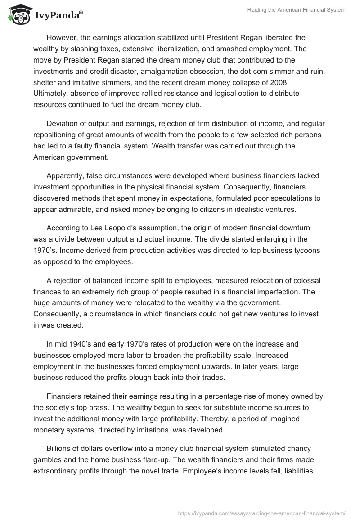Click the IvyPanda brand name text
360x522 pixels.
point(58,14)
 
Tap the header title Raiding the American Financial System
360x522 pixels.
point(297,10)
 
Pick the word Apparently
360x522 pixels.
point(66,176)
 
